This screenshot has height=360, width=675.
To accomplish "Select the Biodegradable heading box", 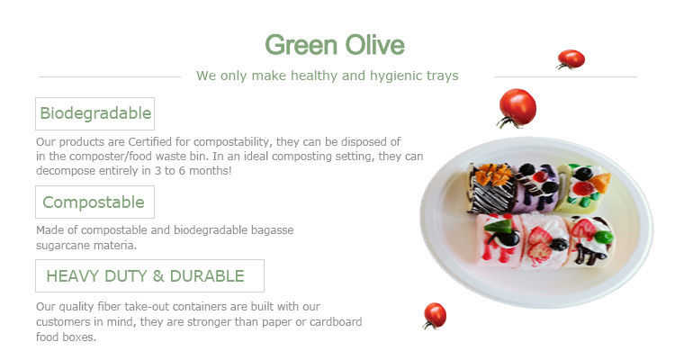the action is point(94,113).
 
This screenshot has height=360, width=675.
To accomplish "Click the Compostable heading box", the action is point(94,202).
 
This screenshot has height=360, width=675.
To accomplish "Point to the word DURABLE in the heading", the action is point(207,276).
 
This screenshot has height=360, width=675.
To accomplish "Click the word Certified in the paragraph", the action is point(149,141).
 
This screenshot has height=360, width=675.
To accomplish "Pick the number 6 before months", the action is point(182,171).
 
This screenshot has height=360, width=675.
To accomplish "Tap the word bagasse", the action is point(271,230).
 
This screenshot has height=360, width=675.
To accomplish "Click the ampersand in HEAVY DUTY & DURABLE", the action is point(158,276).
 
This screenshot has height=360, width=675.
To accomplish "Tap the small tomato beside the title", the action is point(571,59).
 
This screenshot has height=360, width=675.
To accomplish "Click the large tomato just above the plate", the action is point(517,108).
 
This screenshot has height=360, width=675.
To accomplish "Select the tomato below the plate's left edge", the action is point(435,316).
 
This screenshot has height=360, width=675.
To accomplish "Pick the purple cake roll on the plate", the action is point(536,188).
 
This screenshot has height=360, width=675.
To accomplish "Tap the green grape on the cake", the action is point(605,237).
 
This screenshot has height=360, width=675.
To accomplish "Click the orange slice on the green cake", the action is point(601,182).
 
